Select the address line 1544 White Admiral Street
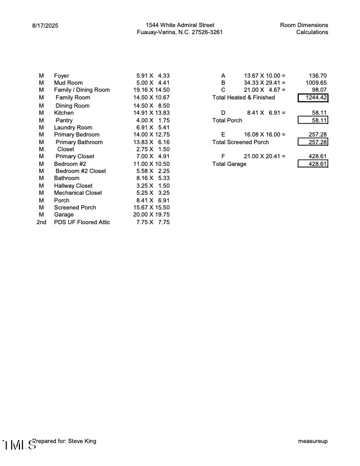pos(179,25)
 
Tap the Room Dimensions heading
pos(304,25)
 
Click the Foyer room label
pos(61,76)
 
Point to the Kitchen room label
pos(64,112)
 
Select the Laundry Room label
pos(73,127)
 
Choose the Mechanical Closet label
pos(78,193)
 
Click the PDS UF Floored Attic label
pos(82,222)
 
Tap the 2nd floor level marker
pos(41,222)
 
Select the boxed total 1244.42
pos(313,98)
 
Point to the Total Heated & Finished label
pos(243,98)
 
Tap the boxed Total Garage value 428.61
pos(313,164)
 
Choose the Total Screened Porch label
pos(240,142)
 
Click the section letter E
pos(223,135)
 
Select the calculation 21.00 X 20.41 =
pos(264,157)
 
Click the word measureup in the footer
pos(313,441)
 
